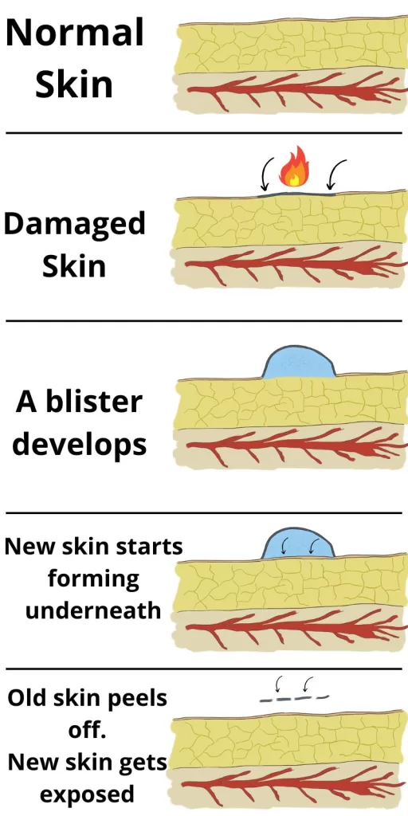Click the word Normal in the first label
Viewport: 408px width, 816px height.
[x=74, y=32]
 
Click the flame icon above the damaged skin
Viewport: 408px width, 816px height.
[x=294, y=167]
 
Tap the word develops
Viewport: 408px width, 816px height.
[x=79, y=445]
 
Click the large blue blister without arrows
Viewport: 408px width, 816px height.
[x=298, y=363]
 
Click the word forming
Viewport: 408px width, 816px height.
[x=94, y=579]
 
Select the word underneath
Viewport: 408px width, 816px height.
[x=93, y=610]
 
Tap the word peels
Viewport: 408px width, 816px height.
[x=137, y=699]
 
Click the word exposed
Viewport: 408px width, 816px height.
[x=88, y=794]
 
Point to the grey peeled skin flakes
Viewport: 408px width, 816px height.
[x=295, y=698]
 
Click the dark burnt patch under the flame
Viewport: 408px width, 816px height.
[x=296, y=194]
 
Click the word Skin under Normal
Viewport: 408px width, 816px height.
[x=74, y=84]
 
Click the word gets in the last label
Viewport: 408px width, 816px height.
[x=143, y=763]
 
